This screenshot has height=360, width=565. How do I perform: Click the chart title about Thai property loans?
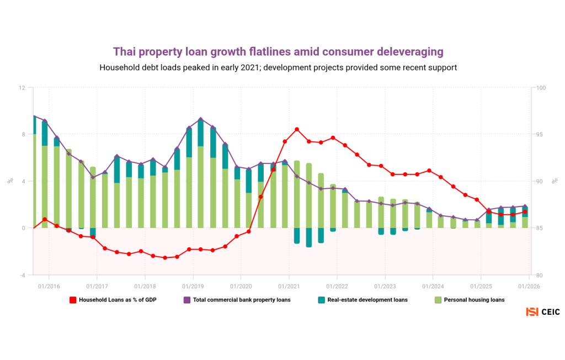(x=278, y=52)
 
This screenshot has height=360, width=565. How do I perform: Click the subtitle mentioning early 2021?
(x=278, y=67)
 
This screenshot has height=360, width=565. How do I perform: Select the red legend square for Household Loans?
(x=72, y=300)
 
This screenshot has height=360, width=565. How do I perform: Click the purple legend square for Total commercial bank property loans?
(x=186, y=300)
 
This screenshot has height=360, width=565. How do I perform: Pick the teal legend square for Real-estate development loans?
(x=321, y=300)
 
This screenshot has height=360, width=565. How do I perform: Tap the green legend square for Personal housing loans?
(x=439, y=300)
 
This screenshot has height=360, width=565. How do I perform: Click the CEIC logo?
(x=543, y=312)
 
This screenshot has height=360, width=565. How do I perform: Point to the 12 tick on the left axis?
(x=22, y=88)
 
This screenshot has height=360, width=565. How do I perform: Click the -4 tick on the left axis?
(x=22, y=275)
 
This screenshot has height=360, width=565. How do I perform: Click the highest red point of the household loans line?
(x=297, y=129)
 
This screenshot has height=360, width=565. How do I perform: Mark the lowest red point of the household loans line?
(x=165, y=258)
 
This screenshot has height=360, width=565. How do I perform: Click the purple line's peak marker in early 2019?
(x=201, y=119)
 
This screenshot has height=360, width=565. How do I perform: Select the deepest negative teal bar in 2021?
(x=309, y=237)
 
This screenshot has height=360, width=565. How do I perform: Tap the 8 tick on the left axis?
(x=23, y=134)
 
